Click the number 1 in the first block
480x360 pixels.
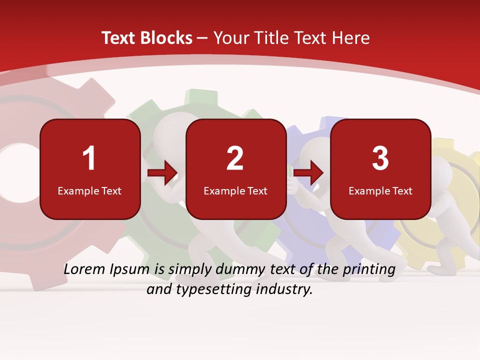click(89, 158)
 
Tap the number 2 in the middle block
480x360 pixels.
click(235, 158)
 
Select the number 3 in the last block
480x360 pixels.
click(380, 158)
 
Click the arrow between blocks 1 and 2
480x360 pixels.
click(162, 173)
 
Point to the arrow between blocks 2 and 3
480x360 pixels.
click(308, 173)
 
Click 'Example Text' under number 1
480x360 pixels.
click(89, 190)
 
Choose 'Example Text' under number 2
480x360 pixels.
click(235, 190)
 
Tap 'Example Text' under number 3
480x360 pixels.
click(380, 190)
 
